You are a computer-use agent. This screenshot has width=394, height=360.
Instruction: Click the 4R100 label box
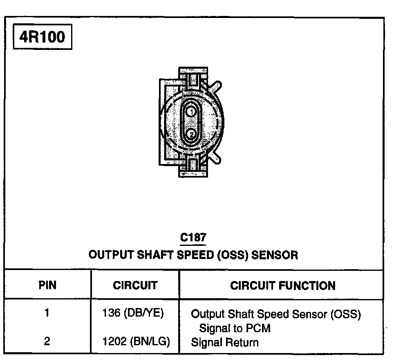tap(42, 38)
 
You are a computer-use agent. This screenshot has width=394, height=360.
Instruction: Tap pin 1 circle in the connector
tap(191, 111)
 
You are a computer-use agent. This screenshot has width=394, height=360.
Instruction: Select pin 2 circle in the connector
tap(191, 134)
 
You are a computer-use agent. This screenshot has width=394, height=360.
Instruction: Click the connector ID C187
tap(193, 238)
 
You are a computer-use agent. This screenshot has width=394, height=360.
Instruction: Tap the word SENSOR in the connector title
tap(274, 255)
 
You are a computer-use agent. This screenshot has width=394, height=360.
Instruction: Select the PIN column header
tap(47, 285)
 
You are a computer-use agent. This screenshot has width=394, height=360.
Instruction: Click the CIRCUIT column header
tap(135, 285)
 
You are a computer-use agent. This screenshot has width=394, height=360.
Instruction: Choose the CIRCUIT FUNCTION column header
tap(283, 285)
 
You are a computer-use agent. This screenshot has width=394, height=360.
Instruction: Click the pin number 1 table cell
tap(47, 313)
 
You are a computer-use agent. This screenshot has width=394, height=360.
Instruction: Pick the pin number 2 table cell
tap(47, 341)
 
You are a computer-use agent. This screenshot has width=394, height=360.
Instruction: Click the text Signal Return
tap(225, 342)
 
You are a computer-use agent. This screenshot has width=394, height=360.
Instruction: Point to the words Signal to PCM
tap(235, 328)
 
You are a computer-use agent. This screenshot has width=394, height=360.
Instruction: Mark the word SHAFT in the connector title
tap(155, 255)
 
